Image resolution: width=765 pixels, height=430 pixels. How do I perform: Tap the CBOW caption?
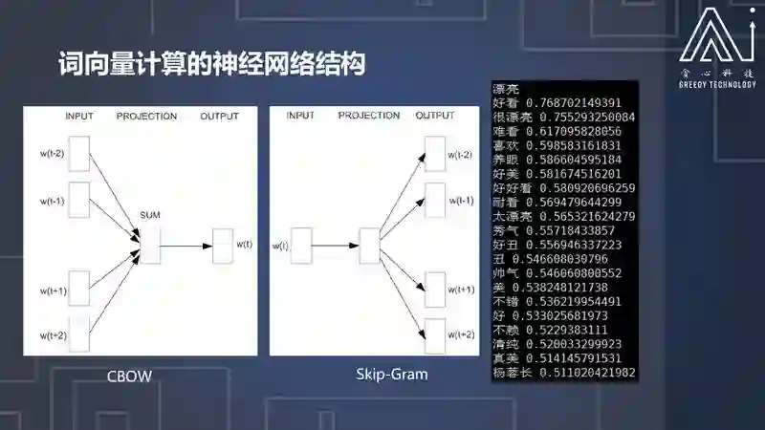[129, 376]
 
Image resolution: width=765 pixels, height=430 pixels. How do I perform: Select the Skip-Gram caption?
[385, 375]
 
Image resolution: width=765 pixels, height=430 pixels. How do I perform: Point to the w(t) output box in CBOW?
[222, 245]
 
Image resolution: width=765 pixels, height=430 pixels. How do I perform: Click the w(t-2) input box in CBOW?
[79, 153]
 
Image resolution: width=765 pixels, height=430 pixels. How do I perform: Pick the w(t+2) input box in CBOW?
[79, 334]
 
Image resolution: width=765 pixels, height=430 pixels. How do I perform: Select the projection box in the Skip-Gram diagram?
[369, 245]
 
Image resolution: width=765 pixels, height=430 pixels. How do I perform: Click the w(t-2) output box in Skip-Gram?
[435, 154]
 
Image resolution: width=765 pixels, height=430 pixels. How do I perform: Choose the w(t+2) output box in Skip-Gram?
[435, 334]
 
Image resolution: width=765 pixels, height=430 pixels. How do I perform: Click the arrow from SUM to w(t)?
[186, 246]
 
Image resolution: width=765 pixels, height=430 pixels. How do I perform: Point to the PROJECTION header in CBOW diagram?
[146, 117]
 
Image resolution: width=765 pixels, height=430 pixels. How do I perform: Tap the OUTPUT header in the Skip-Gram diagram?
[435, 116]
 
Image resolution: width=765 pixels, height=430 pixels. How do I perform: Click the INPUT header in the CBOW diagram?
[79, 117]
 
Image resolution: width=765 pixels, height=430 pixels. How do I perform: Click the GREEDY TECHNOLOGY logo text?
[718, 83]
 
